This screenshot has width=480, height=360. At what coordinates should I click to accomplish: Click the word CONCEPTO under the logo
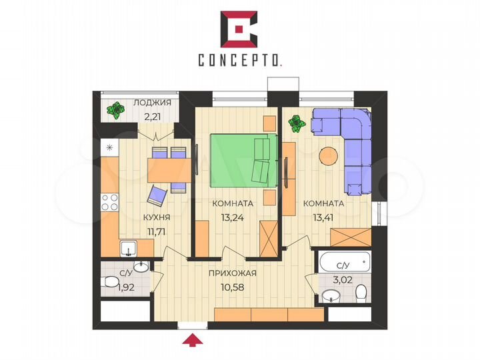(x=239, y=60)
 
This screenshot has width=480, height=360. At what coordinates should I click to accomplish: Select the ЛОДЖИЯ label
(x=152, y=103)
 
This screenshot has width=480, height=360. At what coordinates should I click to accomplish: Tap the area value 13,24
(x=233, y=215)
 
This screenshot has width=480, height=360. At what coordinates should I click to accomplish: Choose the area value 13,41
(x=323, y=215)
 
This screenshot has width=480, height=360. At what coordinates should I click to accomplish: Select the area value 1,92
(x=126, y=289)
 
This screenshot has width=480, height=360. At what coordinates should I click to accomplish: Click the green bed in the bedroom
(x=243, y=161)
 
